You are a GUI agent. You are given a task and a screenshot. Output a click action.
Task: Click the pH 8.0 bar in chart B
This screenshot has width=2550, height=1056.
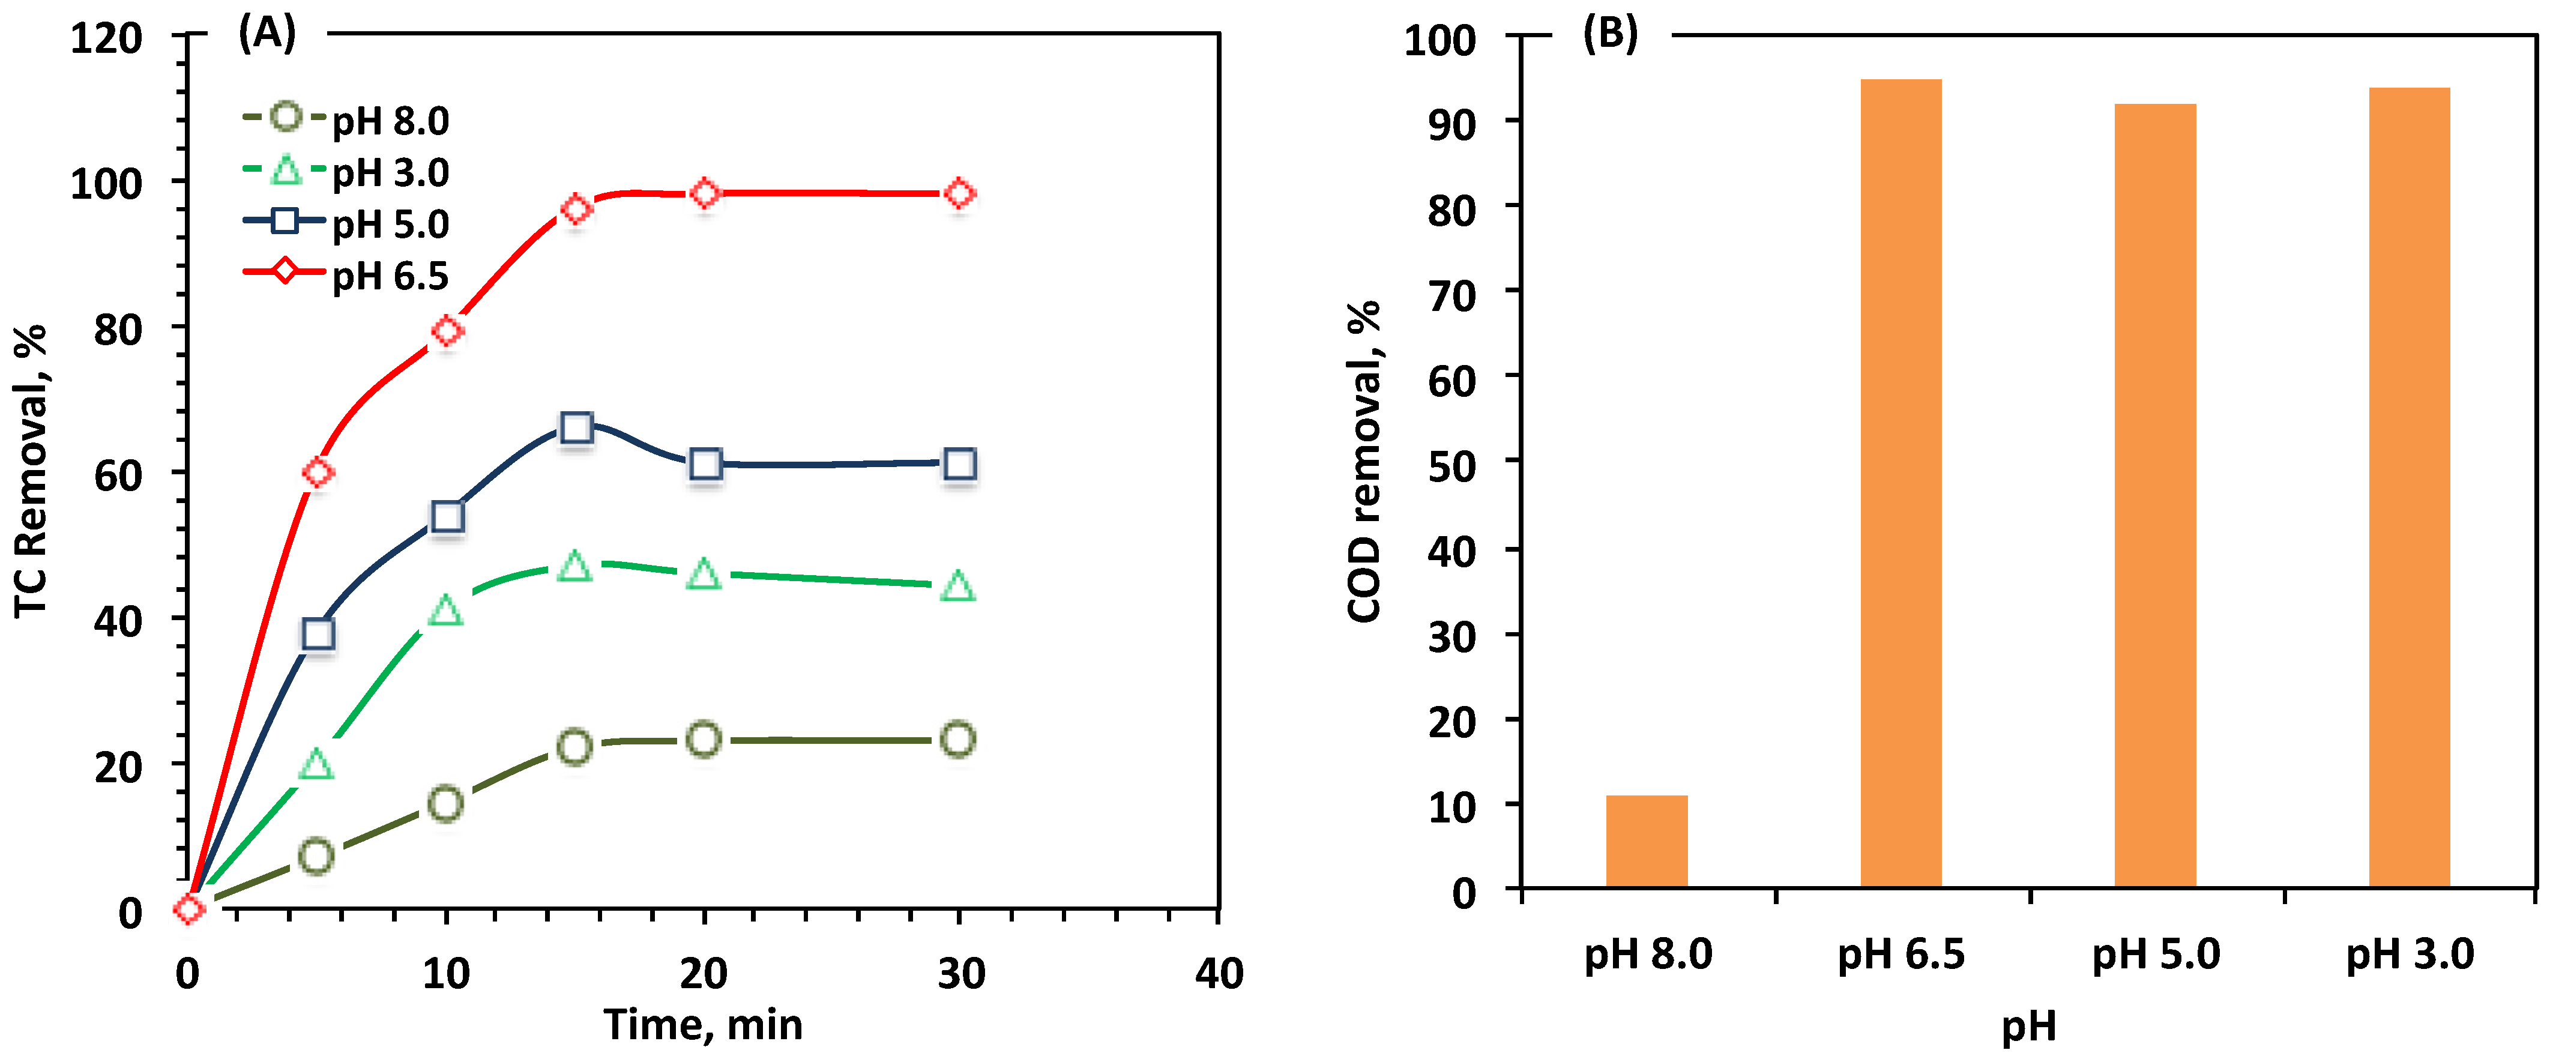point(1646,841)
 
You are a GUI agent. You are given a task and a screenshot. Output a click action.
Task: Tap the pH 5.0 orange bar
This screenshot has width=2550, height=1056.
point(2155,495)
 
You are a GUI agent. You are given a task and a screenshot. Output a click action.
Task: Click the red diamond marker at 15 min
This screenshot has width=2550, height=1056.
point(576,210)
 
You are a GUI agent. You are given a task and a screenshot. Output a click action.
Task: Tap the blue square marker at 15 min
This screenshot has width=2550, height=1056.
point(576,427)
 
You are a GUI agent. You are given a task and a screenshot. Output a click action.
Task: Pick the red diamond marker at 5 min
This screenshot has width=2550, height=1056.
point(318,473)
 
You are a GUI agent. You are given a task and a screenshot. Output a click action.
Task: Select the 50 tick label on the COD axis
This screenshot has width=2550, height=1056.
point(1451,466)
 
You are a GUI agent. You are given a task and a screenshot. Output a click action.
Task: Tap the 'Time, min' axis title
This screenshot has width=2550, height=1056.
point(703,1025)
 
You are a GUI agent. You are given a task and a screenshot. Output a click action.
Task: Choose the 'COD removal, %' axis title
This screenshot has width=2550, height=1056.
point(1364,461)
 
